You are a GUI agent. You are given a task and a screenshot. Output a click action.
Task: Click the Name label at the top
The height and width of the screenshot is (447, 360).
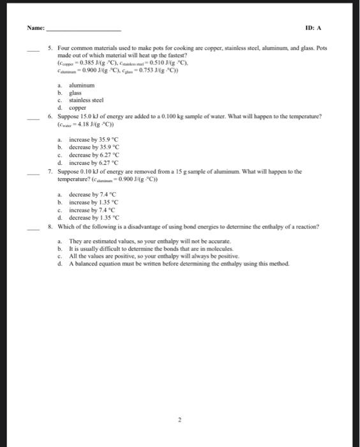[36, 29]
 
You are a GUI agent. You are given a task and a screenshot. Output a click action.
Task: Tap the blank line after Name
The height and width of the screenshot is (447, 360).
[84, 30]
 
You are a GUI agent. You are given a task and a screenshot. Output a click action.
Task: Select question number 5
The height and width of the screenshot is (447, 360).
[50, 48]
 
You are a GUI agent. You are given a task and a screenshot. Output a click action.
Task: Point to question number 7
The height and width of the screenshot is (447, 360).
[50, 172]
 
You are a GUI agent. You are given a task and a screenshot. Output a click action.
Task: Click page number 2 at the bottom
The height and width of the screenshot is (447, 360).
[180, 420]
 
